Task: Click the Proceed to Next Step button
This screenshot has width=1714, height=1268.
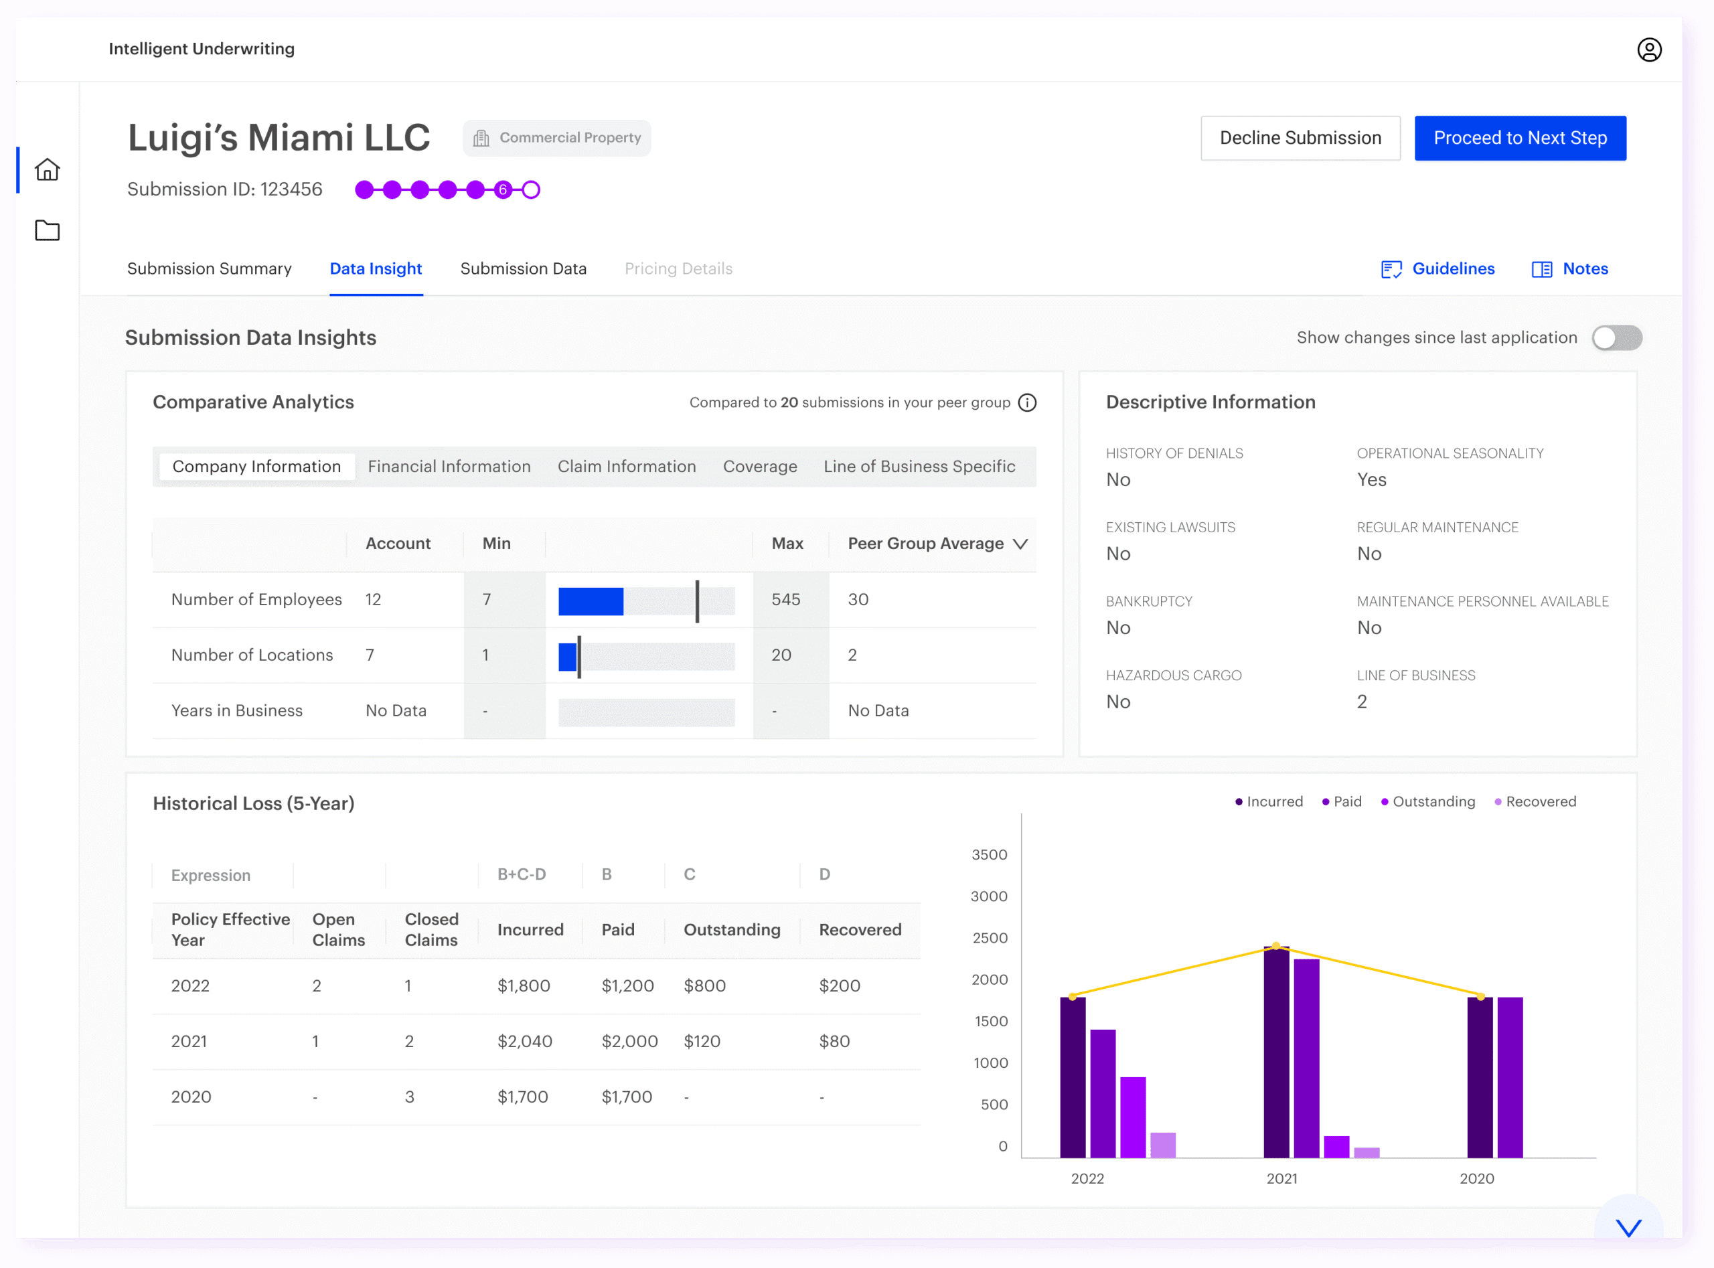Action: (x=1519, y=138)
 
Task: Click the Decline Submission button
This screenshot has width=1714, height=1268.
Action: (x=1300, y=138)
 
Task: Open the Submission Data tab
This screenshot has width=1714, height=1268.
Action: (x=523, y=268)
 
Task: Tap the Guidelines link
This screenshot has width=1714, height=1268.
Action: (x=1437, y=268)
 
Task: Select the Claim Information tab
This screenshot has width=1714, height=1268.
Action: (x=626, y=467)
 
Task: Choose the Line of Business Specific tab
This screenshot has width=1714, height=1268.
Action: (x=919, y=467)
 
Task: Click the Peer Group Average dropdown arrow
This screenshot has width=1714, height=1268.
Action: (x=1020, y=544)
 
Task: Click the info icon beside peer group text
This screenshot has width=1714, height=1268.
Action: (x=1027, y=403)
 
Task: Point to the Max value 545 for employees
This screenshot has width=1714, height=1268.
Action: (x=785, y=599)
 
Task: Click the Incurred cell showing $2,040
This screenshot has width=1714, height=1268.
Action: (x=524, y=1042)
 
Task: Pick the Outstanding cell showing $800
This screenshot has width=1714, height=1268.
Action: (x=704, y=985)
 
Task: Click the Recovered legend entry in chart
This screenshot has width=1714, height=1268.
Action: (x=1535, y=802)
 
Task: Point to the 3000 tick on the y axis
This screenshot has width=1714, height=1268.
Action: (x=989, y=896)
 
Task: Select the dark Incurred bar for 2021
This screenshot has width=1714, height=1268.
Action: (x=1275, y=1052)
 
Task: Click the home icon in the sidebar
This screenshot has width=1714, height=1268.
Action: (x=48, y=169)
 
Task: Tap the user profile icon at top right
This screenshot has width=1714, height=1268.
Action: (x=1649, y=50)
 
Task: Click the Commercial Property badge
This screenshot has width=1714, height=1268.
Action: (x=556, y=138)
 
